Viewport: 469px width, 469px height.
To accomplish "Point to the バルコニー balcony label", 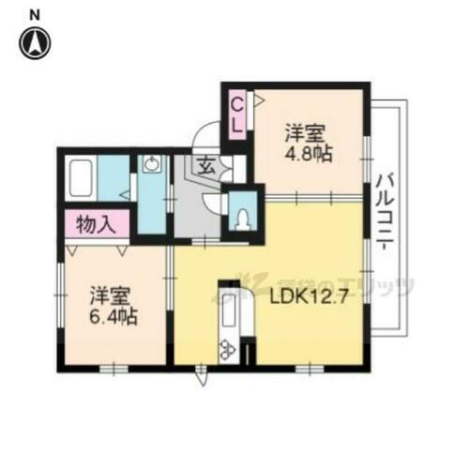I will [386, 212].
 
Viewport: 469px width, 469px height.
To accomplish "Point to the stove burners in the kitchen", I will [228, 350].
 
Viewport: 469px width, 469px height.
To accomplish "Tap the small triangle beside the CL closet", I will [251, 97].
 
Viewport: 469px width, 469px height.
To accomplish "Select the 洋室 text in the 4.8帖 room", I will [306, 132].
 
